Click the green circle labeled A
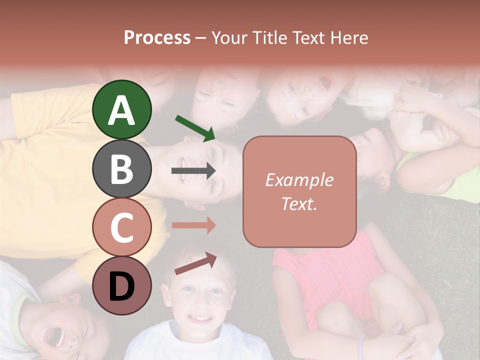[122, 109]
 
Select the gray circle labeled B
[122, 168]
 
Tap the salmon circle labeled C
[122, 227]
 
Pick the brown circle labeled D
[122, 286]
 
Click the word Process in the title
[157, 37]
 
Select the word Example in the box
[299, 180]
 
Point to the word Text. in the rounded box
[299, 203]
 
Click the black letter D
[122, 287]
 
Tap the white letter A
[122, 110]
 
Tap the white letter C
[122, 228]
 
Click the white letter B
[122, 169]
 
